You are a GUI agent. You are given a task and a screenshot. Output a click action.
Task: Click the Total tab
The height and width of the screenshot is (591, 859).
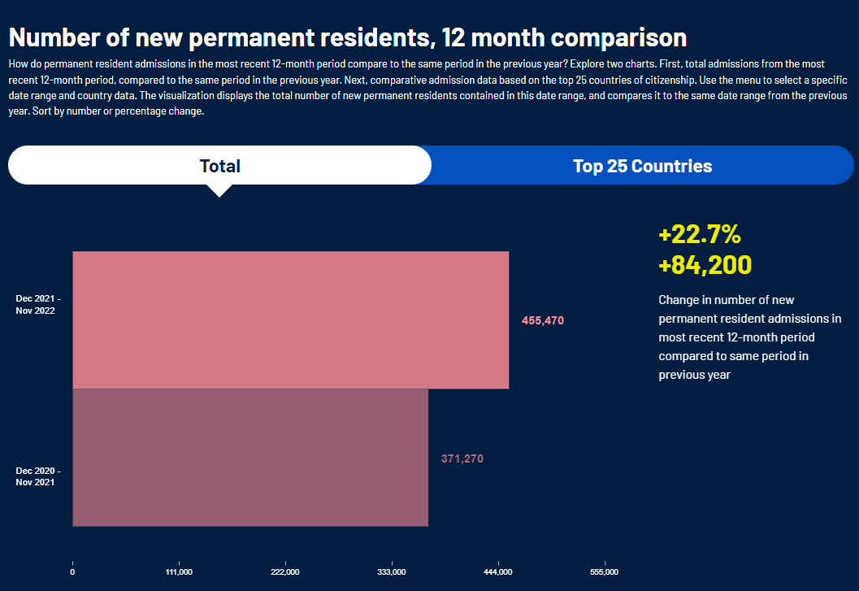219,166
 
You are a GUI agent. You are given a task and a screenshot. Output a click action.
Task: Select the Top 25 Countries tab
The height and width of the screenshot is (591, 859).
642,166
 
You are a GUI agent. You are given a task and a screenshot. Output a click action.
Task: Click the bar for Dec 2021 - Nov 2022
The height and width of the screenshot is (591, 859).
290,319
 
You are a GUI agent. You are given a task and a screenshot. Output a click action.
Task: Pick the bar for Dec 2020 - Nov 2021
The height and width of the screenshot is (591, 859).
250,458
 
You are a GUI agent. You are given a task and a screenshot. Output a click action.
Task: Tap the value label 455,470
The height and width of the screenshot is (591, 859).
542,321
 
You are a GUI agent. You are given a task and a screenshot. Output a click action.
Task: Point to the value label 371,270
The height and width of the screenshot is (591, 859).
462,458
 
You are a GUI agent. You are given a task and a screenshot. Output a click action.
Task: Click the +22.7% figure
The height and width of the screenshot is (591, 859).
699,235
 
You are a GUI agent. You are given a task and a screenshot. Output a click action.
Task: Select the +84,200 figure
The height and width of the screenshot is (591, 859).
705,265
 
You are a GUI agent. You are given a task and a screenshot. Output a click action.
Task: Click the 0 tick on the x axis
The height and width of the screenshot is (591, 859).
72,572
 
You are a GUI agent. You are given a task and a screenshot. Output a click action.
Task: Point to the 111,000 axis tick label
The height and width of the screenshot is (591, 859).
179,572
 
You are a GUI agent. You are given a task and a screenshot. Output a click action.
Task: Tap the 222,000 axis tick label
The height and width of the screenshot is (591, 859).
285,572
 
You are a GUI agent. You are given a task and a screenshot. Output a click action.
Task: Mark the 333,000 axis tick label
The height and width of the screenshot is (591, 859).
392,572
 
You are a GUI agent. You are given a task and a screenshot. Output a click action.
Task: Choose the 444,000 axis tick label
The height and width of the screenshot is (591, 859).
498,572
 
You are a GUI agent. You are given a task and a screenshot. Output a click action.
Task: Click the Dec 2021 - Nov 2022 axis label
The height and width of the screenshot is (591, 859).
38,305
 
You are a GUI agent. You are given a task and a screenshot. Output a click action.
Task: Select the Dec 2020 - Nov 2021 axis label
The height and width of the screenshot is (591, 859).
38,476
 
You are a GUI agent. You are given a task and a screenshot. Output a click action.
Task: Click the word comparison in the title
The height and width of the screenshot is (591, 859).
618,37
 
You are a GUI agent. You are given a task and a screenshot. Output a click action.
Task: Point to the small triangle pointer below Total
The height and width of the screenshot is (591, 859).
219,190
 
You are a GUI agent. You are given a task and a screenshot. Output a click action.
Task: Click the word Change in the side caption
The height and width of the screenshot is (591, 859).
678,300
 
